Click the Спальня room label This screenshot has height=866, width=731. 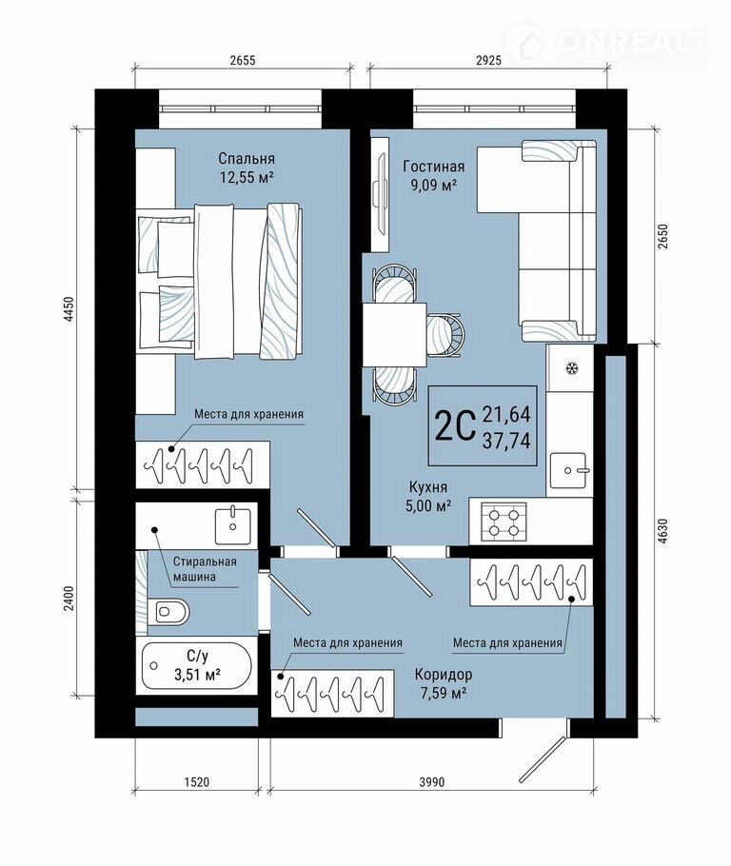pos(247,159)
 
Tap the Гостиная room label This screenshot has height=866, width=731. pos(434,167)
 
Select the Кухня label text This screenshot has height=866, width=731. pos(428,487)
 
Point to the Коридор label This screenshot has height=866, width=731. pos(444,675)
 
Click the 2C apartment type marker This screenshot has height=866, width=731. pos(455,425)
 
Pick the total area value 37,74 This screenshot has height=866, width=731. pos(506,441)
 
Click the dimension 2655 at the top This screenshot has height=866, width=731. pos(243,60)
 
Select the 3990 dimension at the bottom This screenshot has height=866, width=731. pos(431,782)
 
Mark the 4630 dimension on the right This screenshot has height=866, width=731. pos(663,532)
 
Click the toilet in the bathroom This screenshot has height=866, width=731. pos(168,611)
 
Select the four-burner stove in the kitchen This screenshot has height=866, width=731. pos(503,522)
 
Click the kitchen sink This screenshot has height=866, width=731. pos(568,470)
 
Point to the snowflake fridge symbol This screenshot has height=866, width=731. pos(571,368)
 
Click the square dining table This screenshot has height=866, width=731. pos(394,335)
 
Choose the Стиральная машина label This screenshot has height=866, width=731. pos(205,569)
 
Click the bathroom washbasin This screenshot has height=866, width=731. pos(233,524)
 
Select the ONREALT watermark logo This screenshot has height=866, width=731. pos(606,43)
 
